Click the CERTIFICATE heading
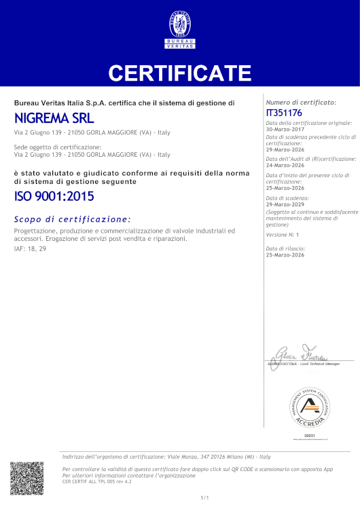(180, 73)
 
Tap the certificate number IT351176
(285, 112)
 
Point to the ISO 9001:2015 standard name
(54, 197)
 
